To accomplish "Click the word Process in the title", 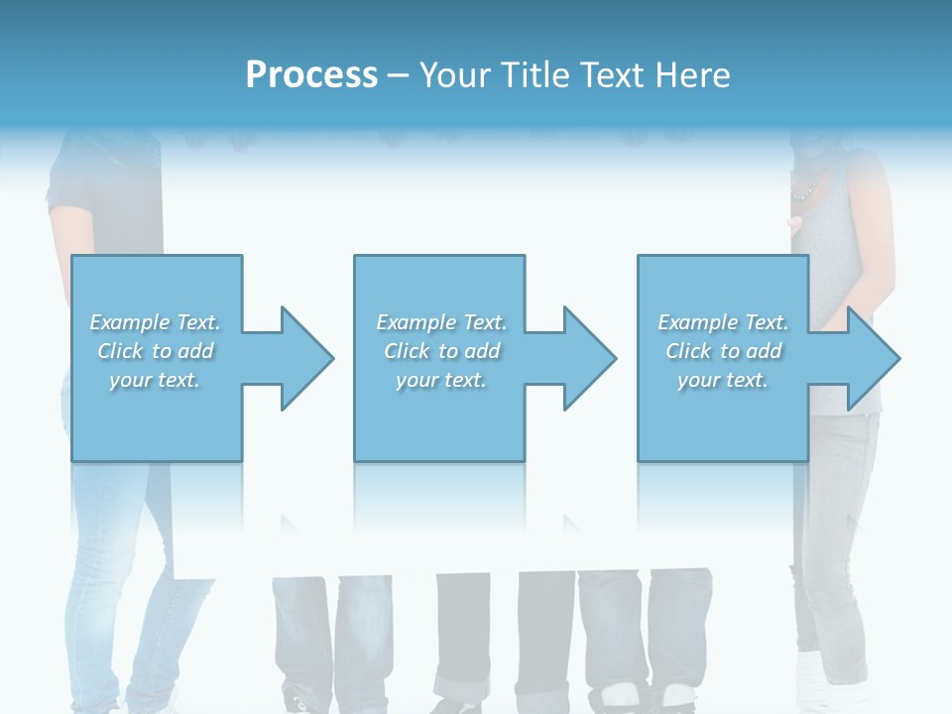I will (x=311, y=75).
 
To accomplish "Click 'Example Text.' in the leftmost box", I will (x=155, y=322).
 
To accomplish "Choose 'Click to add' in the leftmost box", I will (x=155, y=351).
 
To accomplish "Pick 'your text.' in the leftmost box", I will (x=155, y=380).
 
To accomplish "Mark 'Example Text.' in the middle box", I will (x=440, y=322).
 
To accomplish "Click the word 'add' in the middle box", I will (x=482, y=351).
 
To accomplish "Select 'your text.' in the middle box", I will (x=440, y=380).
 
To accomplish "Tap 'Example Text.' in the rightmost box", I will (x=723, y=322).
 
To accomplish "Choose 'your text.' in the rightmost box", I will (x=723, y=380).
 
